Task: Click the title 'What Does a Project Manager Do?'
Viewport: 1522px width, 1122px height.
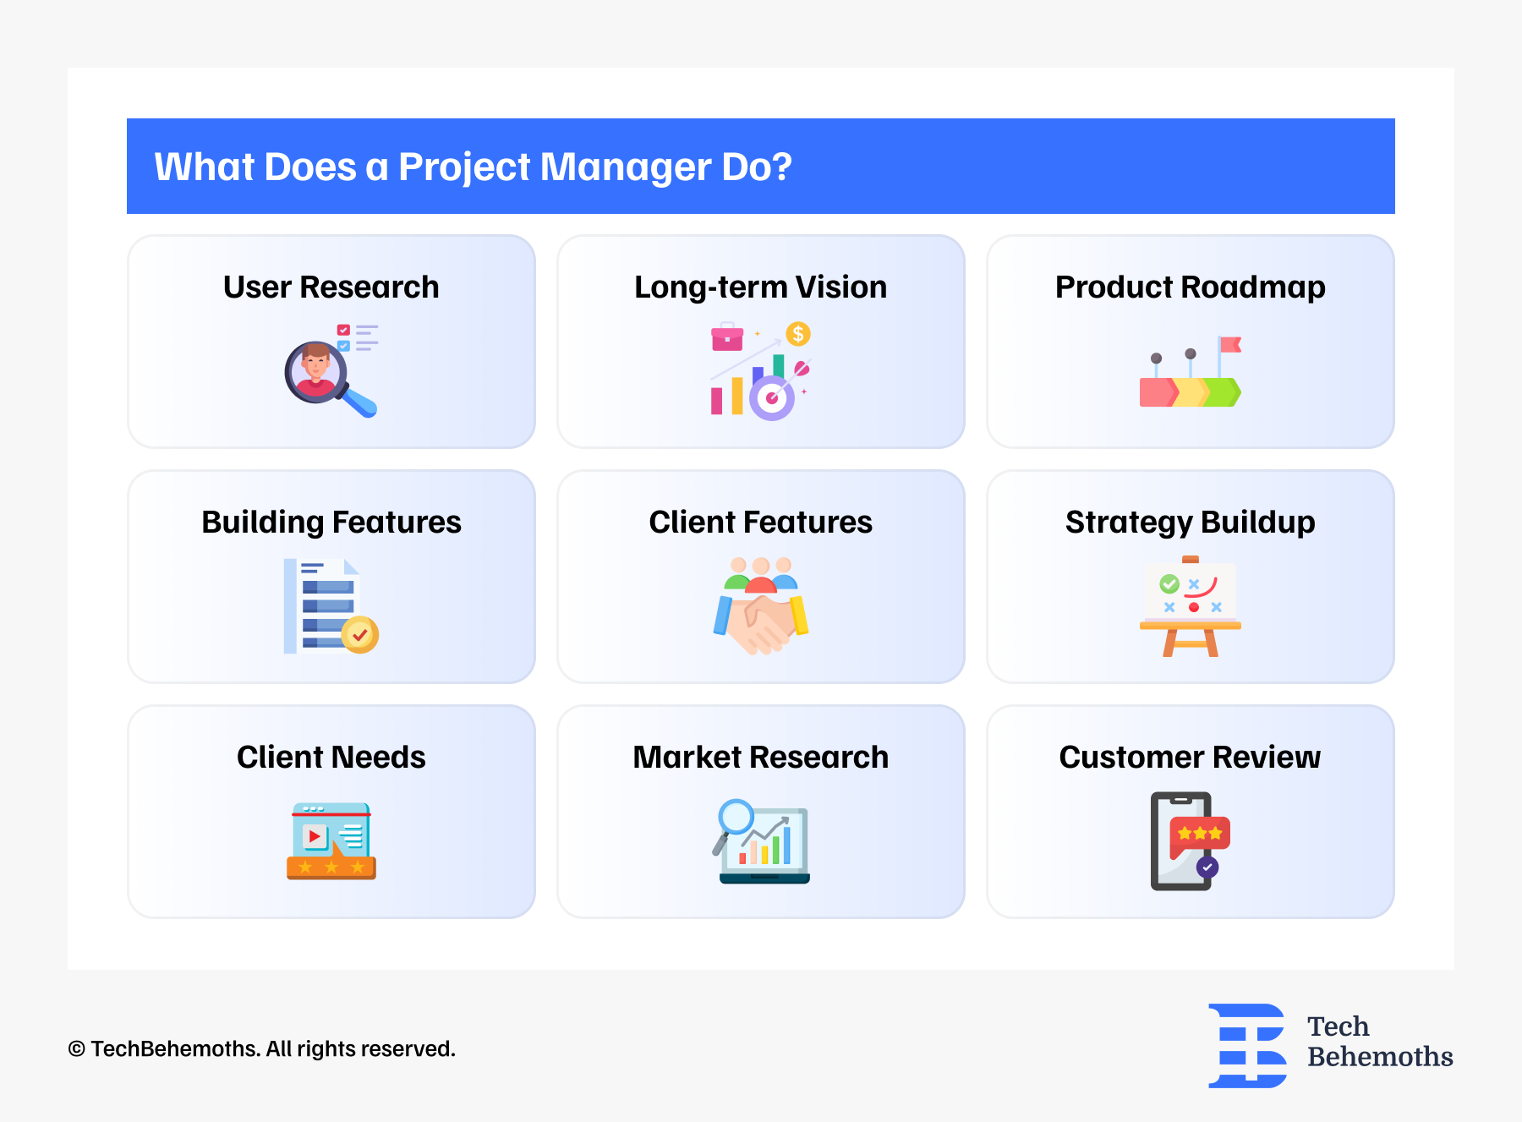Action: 473,167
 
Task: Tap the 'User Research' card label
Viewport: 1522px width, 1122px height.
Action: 331,287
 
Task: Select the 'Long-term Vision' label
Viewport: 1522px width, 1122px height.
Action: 760,287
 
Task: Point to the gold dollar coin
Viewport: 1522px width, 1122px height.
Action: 797,334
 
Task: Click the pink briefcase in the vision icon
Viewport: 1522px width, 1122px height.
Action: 727,337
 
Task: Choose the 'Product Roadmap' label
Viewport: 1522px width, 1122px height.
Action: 1190,287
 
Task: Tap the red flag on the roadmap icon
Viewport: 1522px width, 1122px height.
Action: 1230,344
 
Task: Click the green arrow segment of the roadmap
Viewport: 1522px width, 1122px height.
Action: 1224,392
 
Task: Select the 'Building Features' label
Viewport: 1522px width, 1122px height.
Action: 331,523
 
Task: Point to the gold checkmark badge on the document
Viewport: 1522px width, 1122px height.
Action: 360,634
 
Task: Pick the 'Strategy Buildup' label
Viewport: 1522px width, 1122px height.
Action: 1190,523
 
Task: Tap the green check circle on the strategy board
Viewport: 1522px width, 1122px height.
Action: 1169,583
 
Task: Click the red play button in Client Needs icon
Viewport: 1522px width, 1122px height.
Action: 315,836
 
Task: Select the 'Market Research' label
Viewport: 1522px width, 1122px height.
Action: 760,758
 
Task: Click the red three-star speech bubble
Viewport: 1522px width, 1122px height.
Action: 1200,835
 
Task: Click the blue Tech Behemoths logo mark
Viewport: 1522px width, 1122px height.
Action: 1248,1045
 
